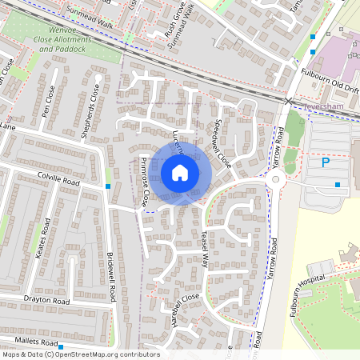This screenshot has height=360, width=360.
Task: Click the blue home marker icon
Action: tap(180, 173)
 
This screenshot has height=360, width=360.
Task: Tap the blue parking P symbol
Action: tap(326, 162)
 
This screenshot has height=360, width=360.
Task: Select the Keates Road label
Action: tap(42, 231)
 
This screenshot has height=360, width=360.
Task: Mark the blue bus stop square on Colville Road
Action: tap(108, 186)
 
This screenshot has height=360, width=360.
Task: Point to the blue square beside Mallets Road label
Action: tap(61, 343)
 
